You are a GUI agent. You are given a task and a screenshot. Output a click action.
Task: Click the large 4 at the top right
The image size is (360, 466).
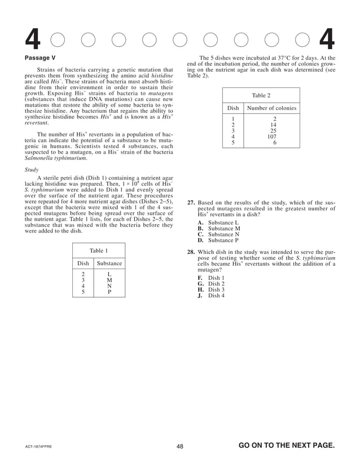(327, 39)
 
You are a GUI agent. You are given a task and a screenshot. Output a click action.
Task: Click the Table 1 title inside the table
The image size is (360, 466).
(99, 250)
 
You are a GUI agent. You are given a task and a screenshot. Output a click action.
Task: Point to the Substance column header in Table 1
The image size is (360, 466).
(109, 263)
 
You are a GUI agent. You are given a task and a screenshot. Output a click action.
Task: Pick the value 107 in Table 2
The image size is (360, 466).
(272, 137)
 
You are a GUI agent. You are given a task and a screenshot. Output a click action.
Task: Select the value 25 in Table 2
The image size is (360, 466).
(273, 130)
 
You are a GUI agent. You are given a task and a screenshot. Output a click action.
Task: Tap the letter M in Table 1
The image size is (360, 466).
(109, 280)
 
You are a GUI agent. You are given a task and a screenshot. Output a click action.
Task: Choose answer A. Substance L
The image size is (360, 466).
(219, 223)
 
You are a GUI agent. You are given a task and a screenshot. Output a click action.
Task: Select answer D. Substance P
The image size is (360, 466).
(219, 240)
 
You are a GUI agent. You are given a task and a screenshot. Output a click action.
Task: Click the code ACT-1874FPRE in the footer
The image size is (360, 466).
(38, 447)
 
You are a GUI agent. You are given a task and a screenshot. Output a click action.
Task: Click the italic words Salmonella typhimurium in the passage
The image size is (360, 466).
(56, 159)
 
